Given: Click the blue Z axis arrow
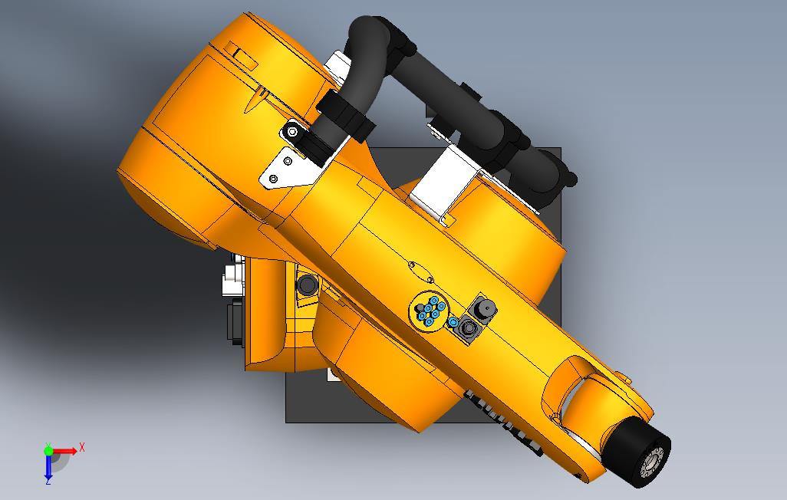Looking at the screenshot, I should pos(48,469).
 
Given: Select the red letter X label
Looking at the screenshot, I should pos(82,447).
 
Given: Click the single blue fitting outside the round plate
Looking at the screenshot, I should pos(453,322).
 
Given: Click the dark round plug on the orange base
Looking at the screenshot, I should pos(308,285).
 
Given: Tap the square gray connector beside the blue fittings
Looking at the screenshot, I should pos(467,331).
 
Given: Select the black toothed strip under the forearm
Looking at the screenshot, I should pos(502,418).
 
